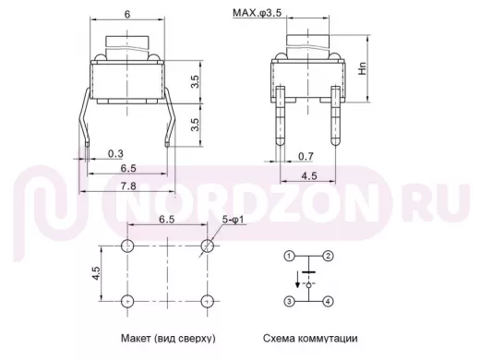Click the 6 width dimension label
pos(127,15)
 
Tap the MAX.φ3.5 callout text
pos(257,13)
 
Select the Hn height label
pos(363,68)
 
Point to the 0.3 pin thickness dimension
pos(115,153)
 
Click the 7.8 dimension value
pos(128,186)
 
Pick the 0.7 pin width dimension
pos(306,156)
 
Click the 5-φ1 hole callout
pos(233,220)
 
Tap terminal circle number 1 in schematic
pos(289,256)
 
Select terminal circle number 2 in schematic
pos(328,256)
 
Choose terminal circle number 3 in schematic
pos(289,301)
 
